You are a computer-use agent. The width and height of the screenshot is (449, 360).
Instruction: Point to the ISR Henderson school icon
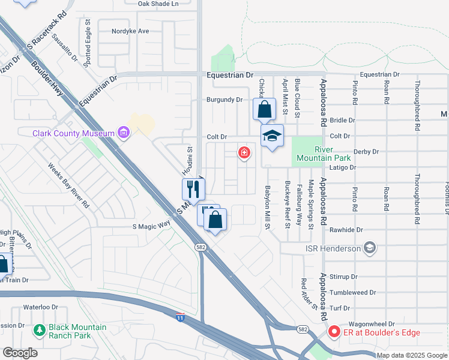click(370, 248)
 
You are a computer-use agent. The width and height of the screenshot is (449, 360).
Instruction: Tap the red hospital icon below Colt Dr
click(244, 152)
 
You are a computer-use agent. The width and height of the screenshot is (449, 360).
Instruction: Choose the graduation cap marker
click(272, 136)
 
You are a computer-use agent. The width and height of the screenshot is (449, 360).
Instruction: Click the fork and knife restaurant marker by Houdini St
click(193, 190)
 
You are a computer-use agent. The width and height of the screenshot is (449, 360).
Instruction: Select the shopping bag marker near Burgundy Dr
click(264, 110)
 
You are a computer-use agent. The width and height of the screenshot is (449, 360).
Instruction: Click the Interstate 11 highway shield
click(181, 316)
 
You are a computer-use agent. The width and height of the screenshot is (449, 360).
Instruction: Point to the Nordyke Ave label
click(130, 31)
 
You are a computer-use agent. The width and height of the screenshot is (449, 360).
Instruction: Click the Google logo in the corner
click(20, 353)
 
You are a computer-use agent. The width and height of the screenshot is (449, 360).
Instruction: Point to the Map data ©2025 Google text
click(411, 355)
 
